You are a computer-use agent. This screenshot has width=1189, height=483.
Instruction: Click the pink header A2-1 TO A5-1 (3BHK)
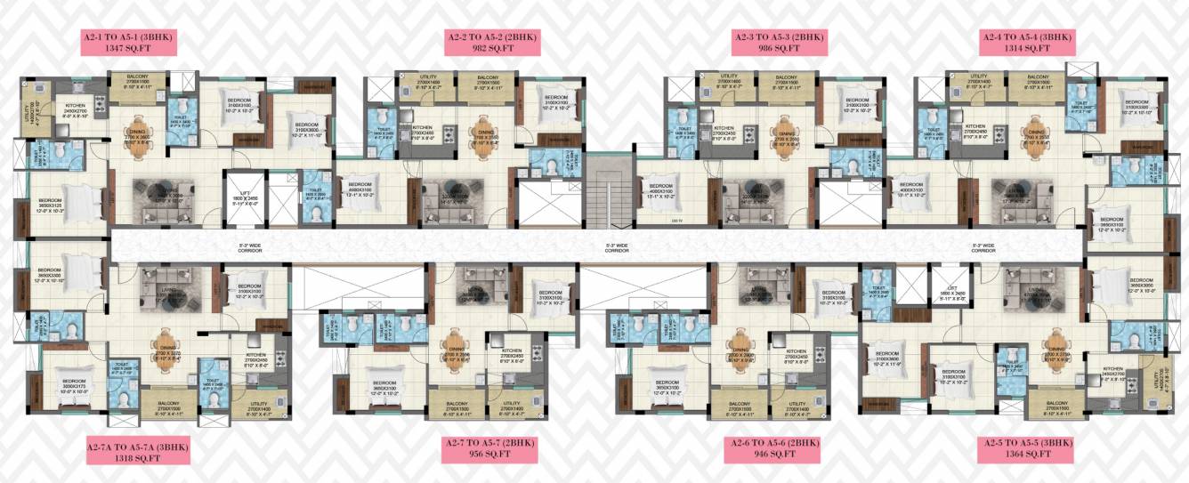pos(131,36)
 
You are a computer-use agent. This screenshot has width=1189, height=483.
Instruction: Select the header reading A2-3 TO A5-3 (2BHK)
pos(780,36)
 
